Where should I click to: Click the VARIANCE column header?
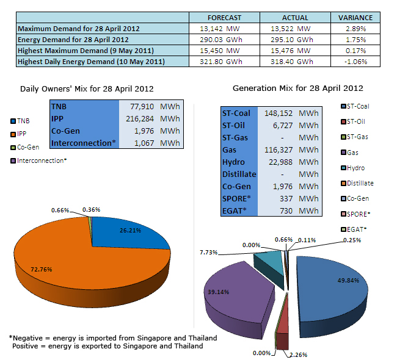click(x=355, y=18)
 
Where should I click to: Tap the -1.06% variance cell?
click(x=355, y=62)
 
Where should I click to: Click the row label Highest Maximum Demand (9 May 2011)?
click(x=85, y=51)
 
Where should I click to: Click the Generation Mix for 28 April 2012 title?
click(x=297, y=88)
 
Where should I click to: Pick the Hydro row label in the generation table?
click(x=233, y=162)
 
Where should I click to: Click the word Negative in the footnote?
click(x=30, y=337)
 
